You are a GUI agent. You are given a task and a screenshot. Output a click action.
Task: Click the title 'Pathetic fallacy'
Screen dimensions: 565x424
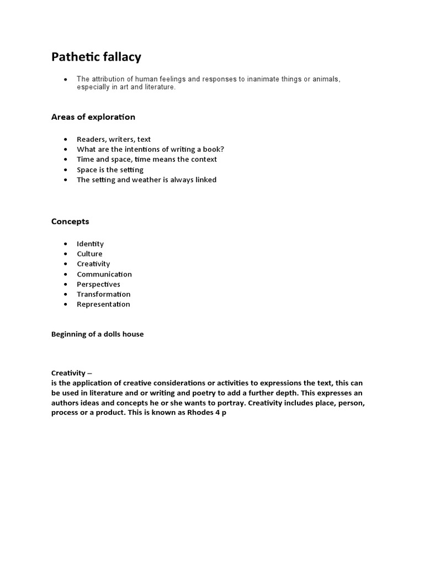pyautogui.click(x=96, y=57)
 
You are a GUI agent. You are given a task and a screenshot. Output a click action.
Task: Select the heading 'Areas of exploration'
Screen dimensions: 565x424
pyautogui.click(x=93, y=117)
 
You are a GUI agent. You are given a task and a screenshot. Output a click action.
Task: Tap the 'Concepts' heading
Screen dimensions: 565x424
pyautogui.click(x=70, y=221)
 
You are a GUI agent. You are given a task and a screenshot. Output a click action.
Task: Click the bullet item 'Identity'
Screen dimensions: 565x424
pyautogui.click(x=90, y=244)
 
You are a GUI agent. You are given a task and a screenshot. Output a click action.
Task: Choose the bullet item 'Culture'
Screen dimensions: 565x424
pyautogui.click(x=89, y=254)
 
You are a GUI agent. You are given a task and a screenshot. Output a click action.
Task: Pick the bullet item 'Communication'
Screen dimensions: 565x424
pyautogui.click(x=104, y=274)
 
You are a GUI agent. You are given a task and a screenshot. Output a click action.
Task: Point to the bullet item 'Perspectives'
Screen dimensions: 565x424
pyautogui.click(x=98, y=284)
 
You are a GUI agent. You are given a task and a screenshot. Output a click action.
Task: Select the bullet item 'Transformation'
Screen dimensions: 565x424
pyautogui.click(x=104, y=294)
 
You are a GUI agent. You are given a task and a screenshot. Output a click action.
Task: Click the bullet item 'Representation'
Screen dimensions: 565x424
pyautogui.click(x=103, y=304)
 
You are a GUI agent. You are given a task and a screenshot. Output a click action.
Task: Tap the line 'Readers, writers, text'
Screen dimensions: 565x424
pyautogui.click(x=114, y=140)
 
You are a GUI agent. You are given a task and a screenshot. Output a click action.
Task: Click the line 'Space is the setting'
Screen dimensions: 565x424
pyautogui.click(x=110, y=169)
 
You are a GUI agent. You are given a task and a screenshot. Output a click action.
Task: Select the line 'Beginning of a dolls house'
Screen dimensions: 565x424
pyautogui.click(x=97, y=334)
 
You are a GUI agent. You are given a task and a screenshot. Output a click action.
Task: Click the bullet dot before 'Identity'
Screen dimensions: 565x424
pyautogui.click(x=66, y=244)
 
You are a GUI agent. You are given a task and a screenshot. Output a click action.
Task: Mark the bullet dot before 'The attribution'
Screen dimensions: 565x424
pyautogui.click(x=66, y=79)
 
